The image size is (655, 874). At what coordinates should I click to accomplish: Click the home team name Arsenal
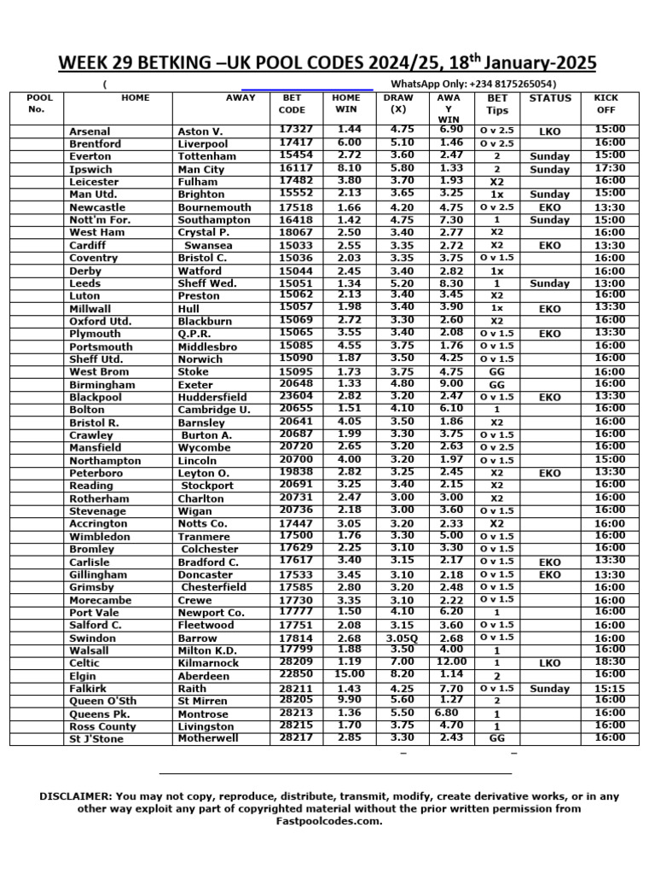coord(90,131)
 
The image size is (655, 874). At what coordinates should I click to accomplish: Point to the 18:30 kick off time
coord(610,661)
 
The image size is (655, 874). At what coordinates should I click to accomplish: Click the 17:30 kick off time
coord(610,169)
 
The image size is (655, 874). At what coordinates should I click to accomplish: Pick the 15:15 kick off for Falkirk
coord(610,688)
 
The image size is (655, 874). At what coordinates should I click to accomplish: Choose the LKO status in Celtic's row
coord(550,662)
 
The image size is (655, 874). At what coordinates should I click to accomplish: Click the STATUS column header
coord(550,98)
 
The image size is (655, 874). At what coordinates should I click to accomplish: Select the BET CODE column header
coord(292,104)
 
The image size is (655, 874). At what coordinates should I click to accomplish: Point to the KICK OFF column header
coord(606,104)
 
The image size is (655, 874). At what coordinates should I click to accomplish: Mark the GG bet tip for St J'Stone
coord(497,738)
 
